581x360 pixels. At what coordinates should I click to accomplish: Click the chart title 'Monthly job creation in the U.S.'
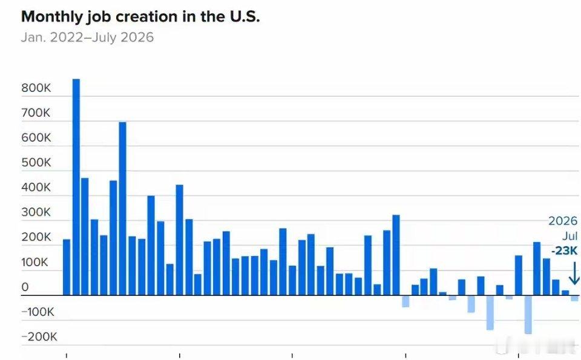[x=140, y=17]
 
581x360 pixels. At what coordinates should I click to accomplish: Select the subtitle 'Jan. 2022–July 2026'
[x=87, y=38]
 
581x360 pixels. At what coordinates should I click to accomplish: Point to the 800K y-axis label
[x=36, y=88]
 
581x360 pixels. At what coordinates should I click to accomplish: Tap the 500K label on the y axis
[x=36, y=163]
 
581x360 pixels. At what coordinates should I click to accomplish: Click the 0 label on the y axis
[x=25, y=287]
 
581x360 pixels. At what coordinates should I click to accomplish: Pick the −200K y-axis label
[x=39, y=336]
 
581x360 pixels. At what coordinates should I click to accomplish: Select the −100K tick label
[x=38, y=312]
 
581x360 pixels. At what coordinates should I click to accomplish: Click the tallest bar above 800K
[x=76, y=187]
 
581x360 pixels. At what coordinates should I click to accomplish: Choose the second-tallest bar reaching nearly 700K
[x=123, y=209]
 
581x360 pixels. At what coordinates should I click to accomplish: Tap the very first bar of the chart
[x=67, y=267]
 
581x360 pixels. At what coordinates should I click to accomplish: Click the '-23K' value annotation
[x=564, y=250]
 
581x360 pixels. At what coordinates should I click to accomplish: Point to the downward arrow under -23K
[x=574, y=273]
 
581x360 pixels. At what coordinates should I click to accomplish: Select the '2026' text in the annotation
[x=563, y=221]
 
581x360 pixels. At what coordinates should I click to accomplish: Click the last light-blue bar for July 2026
[x=574, y=298]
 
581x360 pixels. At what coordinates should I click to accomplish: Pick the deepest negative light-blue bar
[x=528, y=315]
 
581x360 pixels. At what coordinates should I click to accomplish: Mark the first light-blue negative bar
[x=405, y=301]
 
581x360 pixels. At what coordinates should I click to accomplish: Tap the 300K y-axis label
[x=36, y=212]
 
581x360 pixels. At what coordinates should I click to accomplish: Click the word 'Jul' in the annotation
[x=570, y=237]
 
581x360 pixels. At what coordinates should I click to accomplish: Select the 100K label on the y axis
[x=35, y=262]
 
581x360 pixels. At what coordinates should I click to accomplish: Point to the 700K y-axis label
[x=36, y=113]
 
